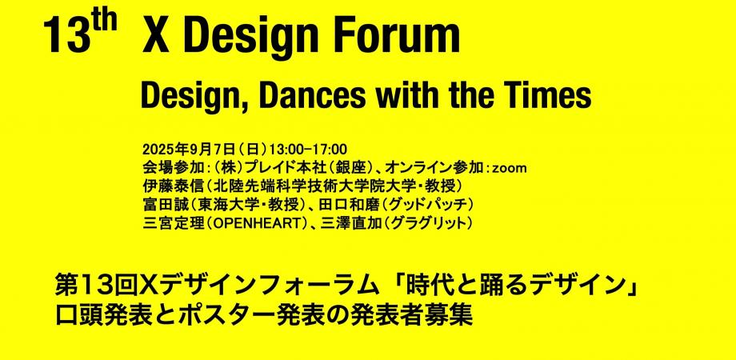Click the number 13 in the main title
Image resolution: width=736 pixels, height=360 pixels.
tap(66, 38)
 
